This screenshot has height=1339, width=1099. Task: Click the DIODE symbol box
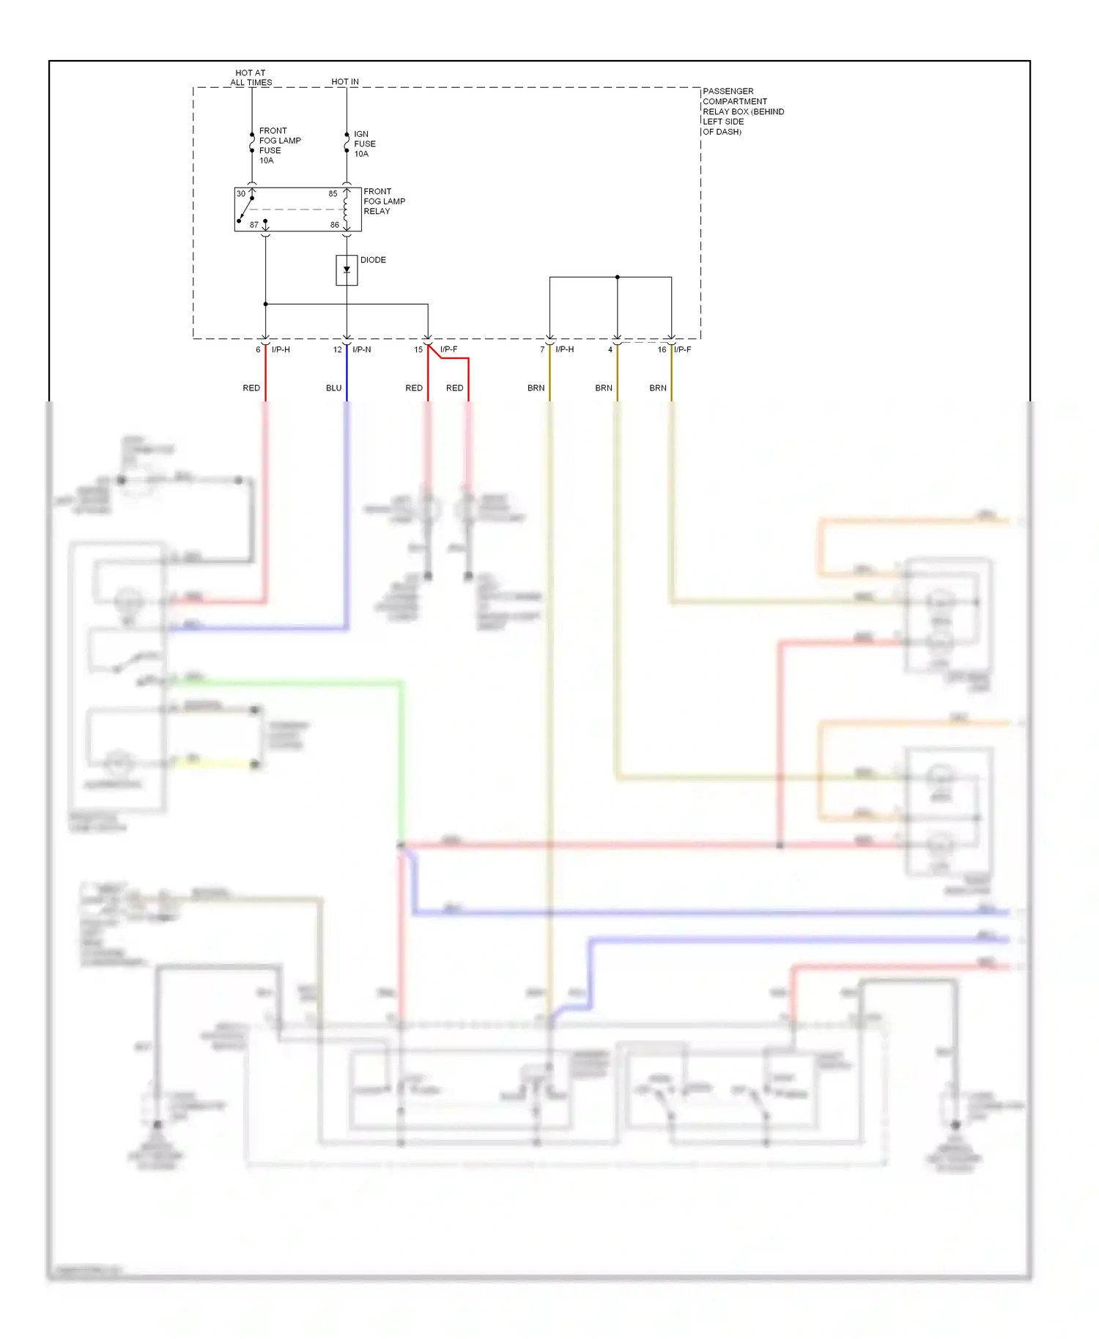pyautogui.click(x=347, y=270)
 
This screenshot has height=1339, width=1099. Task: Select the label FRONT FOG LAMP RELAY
pyautogui.click(x=384, y=201)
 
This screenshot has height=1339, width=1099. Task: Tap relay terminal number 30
pyautogui.click(x=241, y=194)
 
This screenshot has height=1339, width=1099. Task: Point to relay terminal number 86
pyautogui.click(x=334, y=225)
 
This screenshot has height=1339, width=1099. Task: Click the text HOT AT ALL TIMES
pyautogui.click(x=251, y=78)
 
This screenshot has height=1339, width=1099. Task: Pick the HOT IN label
pyautogui.click(x=345, y=82)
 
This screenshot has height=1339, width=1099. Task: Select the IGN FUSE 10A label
pyautogui.click(x=364, y=144)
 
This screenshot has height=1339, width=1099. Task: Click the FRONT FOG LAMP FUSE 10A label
pyautogui.click(x=279, y=145)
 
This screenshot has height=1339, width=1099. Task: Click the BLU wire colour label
pyautogui.click(x=333, y=388)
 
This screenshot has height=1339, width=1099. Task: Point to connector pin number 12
pyautogui.click(x=337, y=350)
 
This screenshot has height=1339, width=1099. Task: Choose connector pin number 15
pyautogui.click(x=418, y=350)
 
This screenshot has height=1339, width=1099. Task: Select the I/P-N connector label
pyautogui.click(x=362, y=350)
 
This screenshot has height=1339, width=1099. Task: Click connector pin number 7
pyautogui.click(x=542, y=350)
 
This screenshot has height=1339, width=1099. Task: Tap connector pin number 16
pyautogui.click(x=662, y=350)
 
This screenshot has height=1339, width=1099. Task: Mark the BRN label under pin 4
pyautogui.click(x=603, y=388)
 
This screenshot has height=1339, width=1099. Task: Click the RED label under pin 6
pyautogui.click(x=251, y=388)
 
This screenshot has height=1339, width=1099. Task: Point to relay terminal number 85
pyautogui.click(x=333, y=194)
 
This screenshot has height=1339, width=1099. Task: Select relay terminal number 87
pyautogui.click(x=254, y=225)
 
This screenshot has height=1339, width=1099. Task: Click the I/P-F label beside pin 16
pyautogui.click(x=683, y=350)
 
